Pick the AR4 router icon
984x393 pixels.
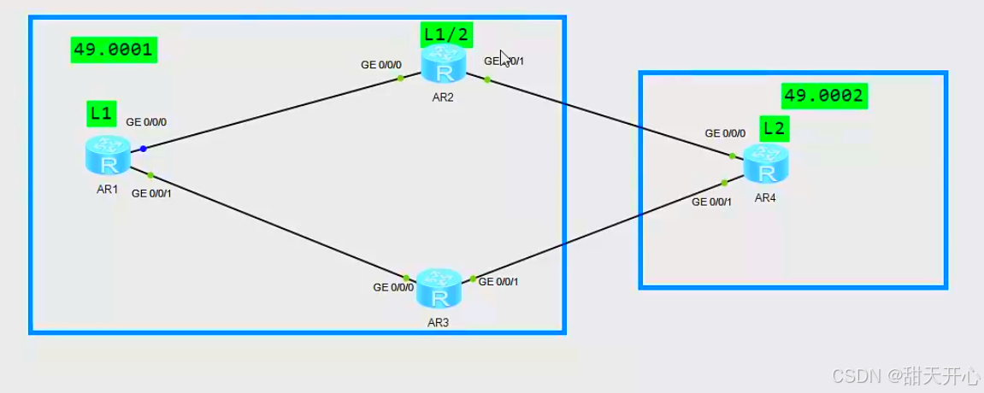coord(765,163)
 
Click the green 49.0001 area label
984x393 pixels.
coord(113,50)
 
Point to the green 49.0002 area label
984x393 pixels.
coord(824,96)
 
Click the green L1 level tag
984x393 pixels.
coord(101,112)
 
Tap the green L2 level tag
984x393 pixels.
coord(775,129)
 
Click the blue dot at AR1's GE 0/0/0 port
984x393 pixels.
coord(144,149)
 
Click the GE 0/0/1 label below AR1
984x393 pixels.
coord(151,193)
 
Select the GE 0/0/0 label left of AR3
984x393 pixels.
coord(393,287)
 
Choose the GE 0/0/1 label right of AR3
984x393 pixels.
coord(498,281)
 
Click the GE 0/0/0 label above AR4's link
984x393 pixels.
coord(725,133)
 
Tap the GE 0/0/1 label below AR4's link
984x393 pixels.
coord(711,202)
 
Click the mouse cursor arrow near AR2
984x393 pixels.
coord(505,58)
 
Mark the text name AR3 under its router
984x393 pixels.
coord(439,323)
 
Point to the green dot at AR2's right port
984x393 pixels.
coord(486,79)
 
